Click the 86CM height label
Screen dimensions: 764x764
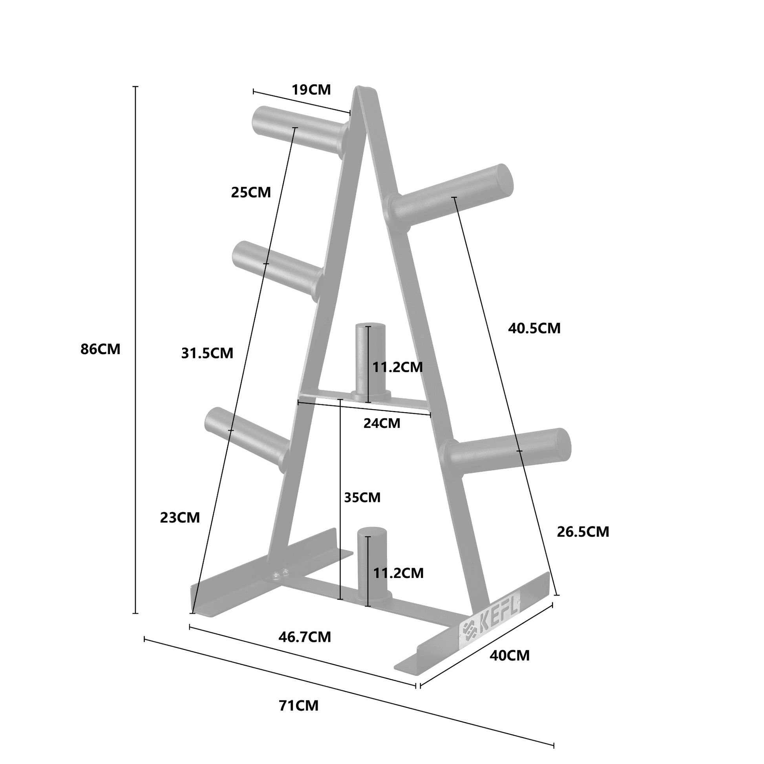[100, 349]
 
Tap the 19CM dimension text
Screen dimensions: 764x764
[311, 90]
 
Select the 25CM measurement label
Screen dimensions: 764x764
[251, 193]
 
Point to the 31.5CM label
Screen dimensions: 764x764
[207, 353]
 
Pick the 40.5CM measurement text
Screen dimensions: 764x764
[534, 328]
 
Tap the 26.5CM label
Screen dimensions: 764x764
[583, 532]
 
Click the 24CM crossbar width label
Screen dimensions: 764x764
[382, 424]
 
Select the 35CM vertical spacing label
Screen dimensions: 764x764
[362, 497]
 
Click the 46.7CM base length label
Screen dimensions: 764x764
[305, 637]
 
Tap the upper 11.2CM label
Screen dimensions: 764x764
[397, 367]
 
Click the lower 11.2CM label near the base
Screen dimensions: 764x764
[398, 573]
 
